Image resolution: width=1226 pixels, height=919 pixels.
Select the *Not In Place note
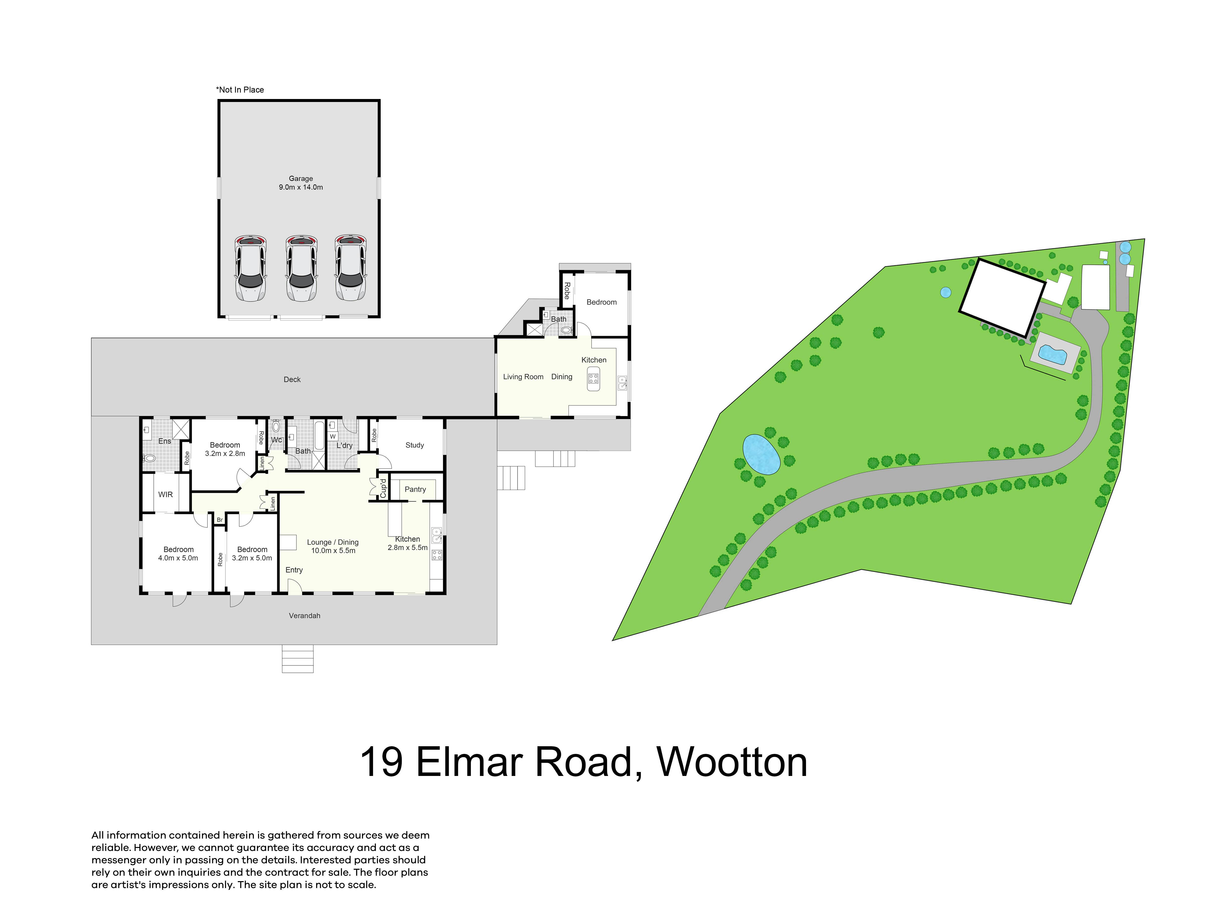pos(240,90)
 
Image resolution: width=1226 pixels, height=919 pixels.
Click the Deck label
pos(292,379)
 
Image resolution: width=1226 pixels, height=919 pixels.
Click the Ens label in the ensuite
pos(165,441)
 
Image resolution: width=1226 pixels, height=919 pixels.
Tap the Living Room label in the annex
pos(523,377)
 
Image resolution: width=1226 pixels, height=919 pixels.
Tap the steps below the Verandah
pos(298,659)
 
